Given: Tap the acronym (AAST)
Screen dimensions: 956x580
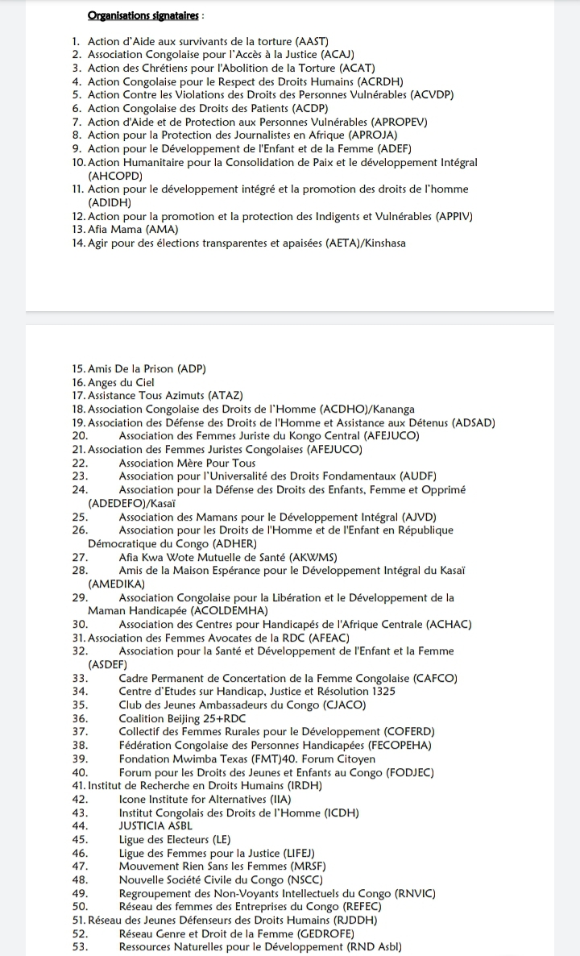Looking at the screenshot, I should point(308,41).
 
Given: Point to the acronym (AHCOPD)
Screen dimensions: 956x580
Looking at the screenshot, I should point(115,175).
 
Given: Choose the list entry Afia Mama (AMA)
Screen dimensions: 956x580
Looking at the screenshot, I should point(128,230).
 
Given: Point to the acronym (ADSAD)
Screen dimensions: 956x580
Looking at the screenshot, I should point(474,422).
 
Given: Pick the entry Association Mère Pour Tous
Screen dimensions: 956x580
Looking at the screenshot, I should point(187,463).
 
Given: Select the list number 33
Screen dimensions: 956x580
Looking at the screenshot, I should point(80,678).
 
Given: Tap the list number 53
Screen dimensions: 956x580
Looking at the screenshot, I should point(80,946).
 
